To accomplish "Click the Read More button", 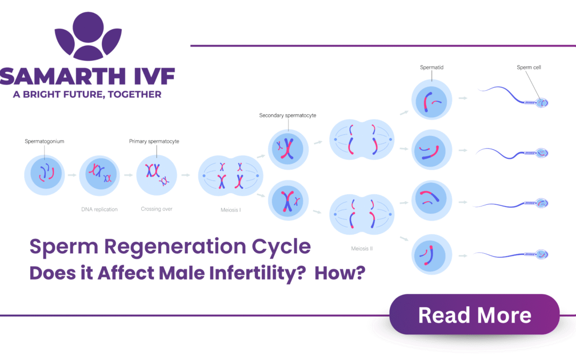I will click(474, 315).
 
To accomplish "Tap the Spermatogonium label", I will click(44, 141).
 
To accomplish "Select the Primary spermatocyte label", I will click(154, 141).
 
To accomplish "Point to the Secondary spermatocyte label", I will click(287, 115).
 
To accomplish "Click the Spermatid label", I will click(431, 68).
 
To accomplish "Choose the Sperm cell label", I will click(529, 68).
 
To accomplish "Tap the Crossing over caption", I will click(156, 209).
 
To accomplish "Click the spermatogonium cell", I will click(45, 175).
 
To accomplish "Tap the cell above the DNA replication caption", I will click(99, 175).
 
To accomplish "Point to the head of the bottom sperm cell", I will click(541, 254).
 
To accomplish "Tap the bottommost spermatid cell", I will click(431, 253).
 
